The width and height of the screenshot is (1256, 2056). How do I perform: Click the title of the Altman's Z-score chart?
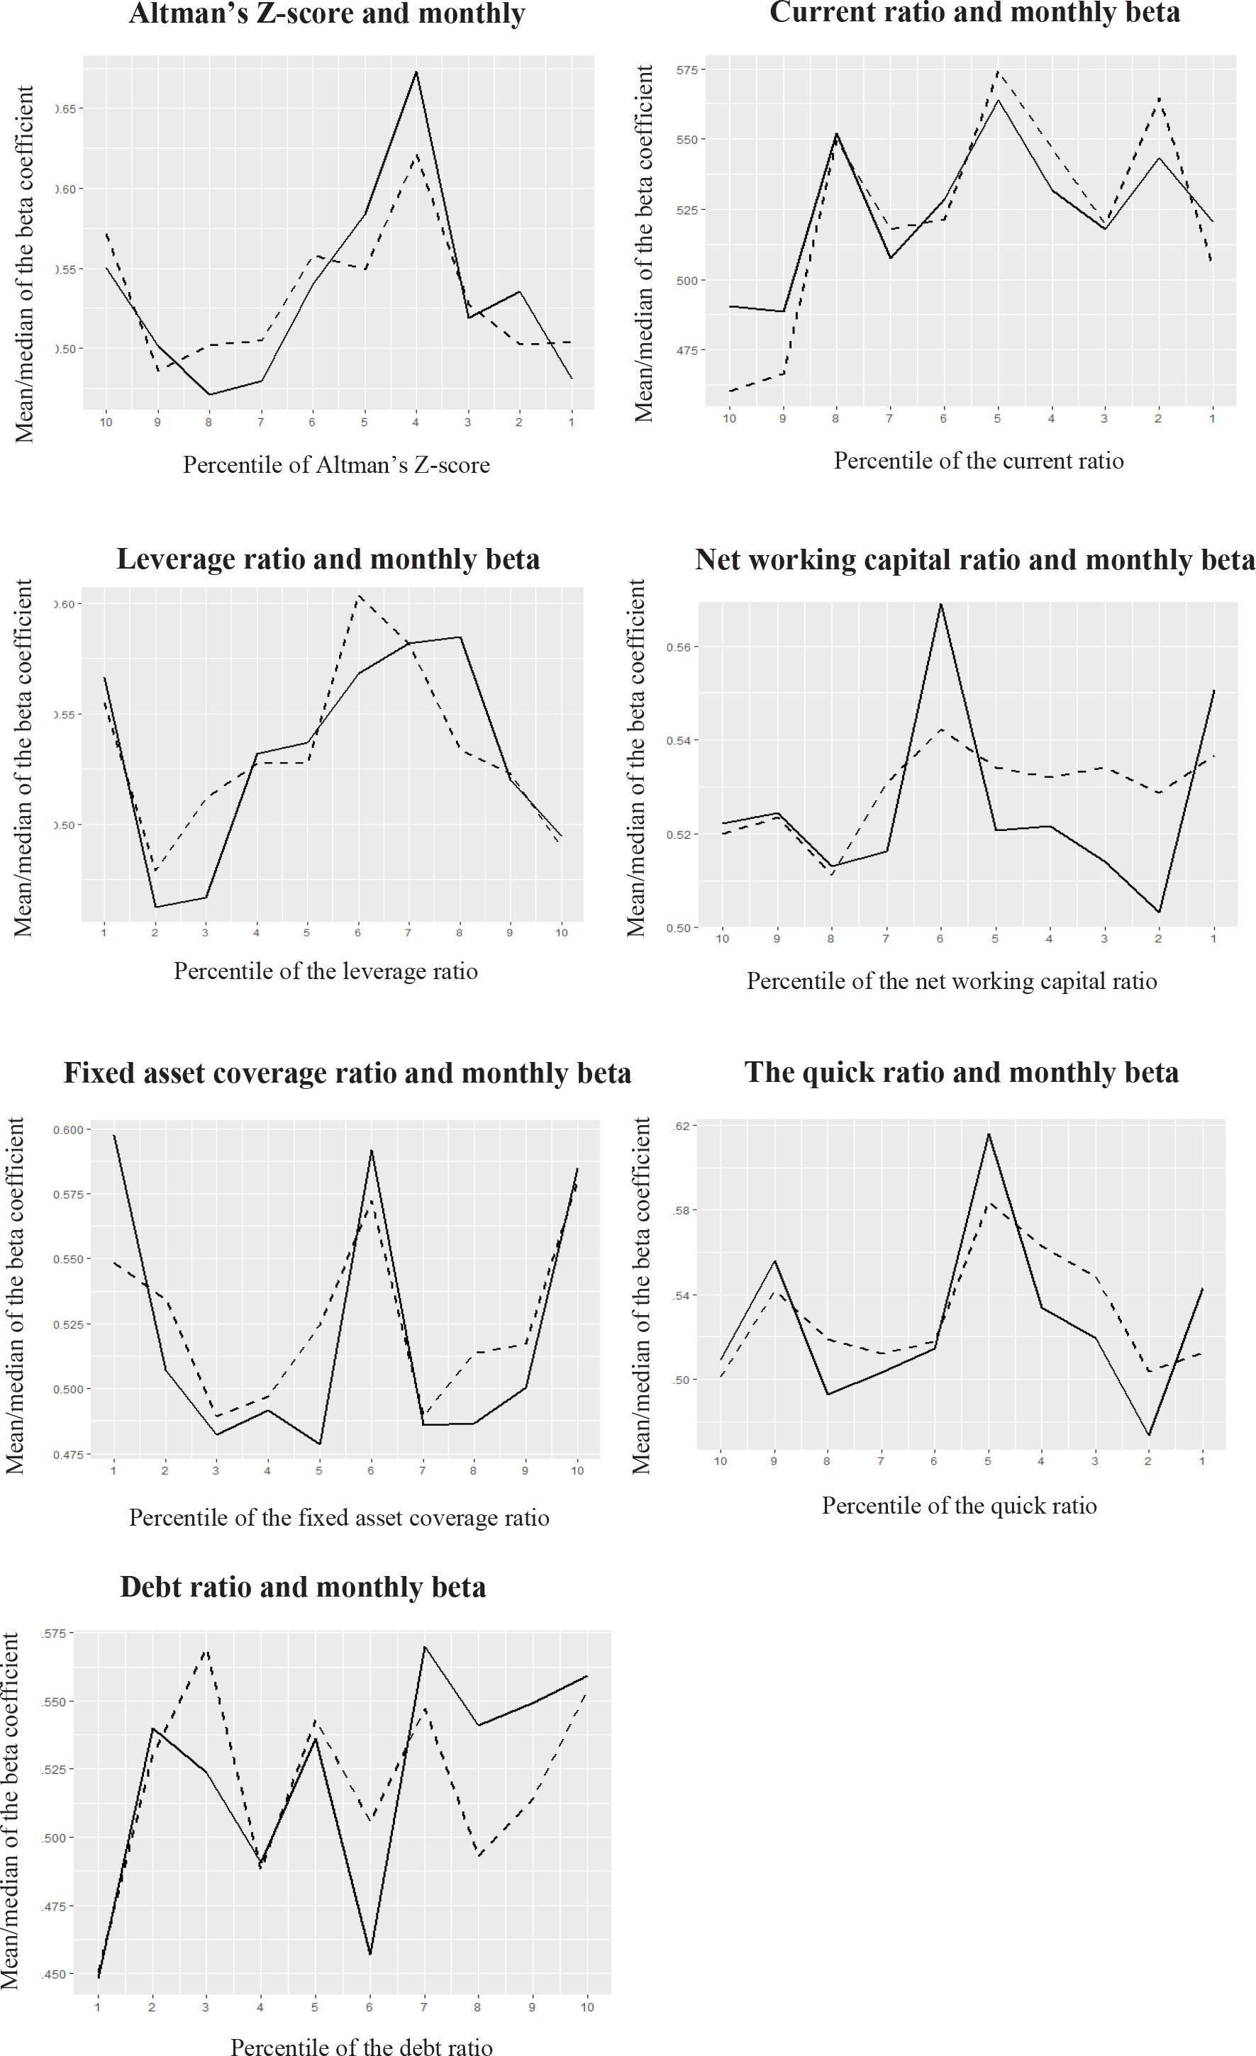coord(326,14)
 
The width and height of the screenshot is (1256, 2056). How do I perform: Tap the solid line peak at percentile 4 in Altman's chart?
coord(416,72)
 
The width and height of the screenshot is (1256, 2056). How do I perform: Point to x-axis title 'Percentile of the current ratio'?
coord(978,461)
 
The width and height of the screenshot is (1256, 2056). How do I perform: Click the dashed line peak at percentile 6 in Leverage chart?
coord(358,596)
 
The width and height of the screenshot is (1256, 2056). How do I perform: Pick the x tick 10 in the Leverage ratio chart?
coord(562,932)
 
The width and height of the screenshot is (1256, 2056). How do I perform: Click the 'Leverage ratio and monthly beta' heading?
coord(328,559)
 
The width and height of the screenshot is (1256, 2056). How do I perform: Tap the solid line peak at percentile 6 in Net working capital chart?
coord(940,603)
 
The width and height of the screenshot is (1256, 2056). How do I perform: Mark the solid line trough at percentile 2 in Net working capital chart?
coord(1158,912)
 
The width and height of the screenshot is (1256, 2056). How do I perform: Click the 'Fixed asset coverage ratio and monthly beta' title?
coord(348,1073)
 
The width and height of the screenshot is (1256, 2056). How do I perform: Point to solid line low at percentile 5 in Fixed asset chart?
coord(319,1444)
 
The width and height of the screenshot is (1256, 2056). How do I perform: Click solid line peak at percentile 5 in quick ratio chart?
coord(988,1133)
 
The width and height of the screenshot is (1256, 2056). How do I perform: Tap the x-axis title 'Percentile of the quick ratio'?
coord(959,1506)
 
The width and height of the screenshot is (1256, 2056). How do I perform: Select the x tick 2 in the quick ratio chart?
coord(1148,1461)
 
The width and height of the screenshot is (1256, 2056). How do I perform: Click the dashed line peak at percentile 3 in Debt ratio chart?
coord(206,1650)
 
